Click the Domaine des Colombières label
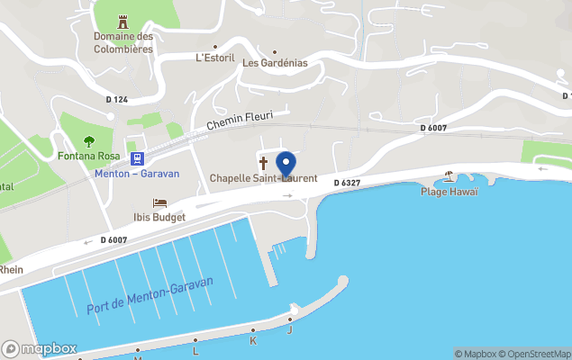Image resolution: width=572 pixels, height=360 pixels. tap(123, 42)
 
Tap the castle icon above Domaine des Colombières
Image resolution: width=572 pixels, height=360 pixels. tap(123, 21)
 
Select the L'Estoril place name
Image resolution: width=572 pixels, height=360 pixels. tap(214, 57)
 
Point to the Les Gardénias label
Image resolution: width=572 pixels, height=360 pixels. tap(275, 63)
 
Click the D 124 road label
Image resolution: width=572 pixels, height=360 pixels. tap(116, 99)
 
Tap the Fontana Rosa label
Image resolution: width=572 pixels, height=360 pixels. tap(89, 156)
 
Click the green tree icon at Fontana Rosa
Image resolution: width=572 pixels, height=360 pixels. tap(89, 140)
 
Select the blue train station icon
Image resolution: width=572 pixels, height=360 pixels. tap(137, 158)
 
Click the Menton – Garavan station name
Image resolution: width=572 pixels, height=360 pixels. tap(137, 174)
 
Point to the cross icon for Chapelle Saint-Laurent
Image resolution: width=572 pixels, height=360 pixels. tap(264, 163)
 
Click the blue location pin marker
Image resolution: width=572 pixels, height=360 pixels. tap(286, 166)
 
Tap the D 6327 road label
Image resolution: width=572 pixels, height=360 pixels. tap(347, 183)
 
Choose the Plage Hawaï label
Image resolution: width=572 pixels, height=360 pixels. tap(449, 191)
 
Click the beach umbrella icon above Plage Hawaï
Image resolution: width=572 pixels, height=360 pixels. tap(449, 176)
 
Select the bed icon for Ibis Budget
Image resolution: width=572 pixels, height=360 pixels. tap(160, 202)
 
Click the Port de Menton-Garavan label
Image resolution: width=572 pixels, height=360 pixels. tap(150, 295)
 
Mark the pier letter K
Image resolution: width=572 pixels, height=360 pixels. tap(253, 341)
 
